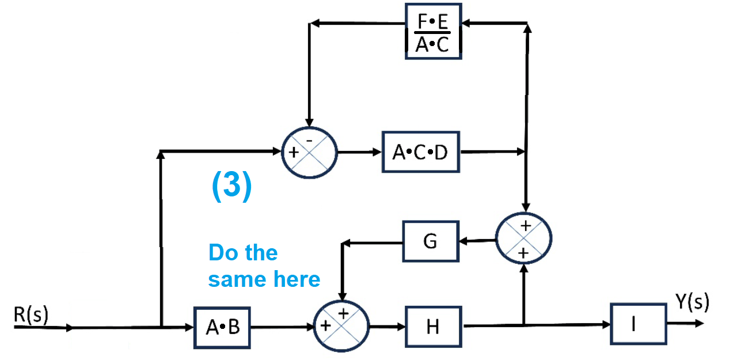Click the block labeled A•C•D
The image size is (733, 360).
(421, 152)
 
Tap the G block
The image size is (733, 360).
(431, 241)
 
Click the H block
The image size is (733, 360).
(434, 327)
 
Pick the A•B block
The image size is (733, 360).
(222, 327)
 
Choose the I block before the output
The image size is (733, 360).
(639, 324)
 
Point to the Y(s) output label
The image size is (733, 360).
(692, 302)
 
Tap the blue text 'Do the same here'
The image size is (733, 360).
(264, 266)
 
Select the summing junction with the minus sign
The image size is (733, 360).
(309, 153)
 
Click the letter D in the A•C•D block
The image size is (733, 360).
(440, 153)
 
